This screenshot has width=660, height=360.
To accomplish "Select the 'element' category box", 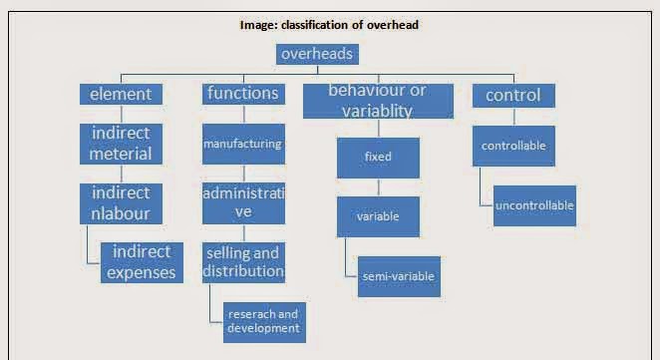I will point(121,95).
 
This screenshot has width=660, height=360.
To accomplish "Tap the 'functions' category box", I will point(243,94).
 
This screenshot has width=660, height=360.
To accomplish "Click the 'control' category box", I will point(512,96).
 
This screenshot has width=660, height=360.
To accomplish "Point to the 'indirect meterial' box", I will point(121,144).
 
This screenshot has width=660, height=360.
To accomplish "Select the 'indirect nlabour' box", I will point(121,202).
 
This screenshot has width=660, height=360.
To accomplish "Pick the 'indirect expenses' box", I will point(143,261).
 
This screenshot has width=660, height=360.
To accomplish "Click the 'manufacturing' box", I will point(243,144).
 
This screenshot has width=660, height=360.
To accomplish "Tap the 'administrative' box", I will point(243,202).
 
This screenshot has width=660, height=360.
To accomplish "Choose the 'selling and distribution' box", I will point(243,261).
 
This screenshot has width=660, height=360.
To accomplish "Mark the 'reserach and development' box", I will point(263,320).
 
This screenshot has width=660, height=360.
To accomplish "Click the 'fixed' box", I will point(378,157).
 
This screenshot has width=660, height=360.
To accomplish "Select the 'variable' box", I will point(378,215).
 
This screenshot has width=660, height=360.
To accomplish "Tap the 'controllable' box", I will point(512,146).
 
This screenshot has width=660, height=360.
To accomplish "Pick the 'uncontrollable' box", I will point(534,205).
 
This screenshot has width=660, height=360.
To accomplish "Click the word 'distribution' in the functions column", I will point(243,271).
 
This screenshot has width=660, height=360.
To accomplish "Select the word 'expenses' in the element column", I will point(143,271).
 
